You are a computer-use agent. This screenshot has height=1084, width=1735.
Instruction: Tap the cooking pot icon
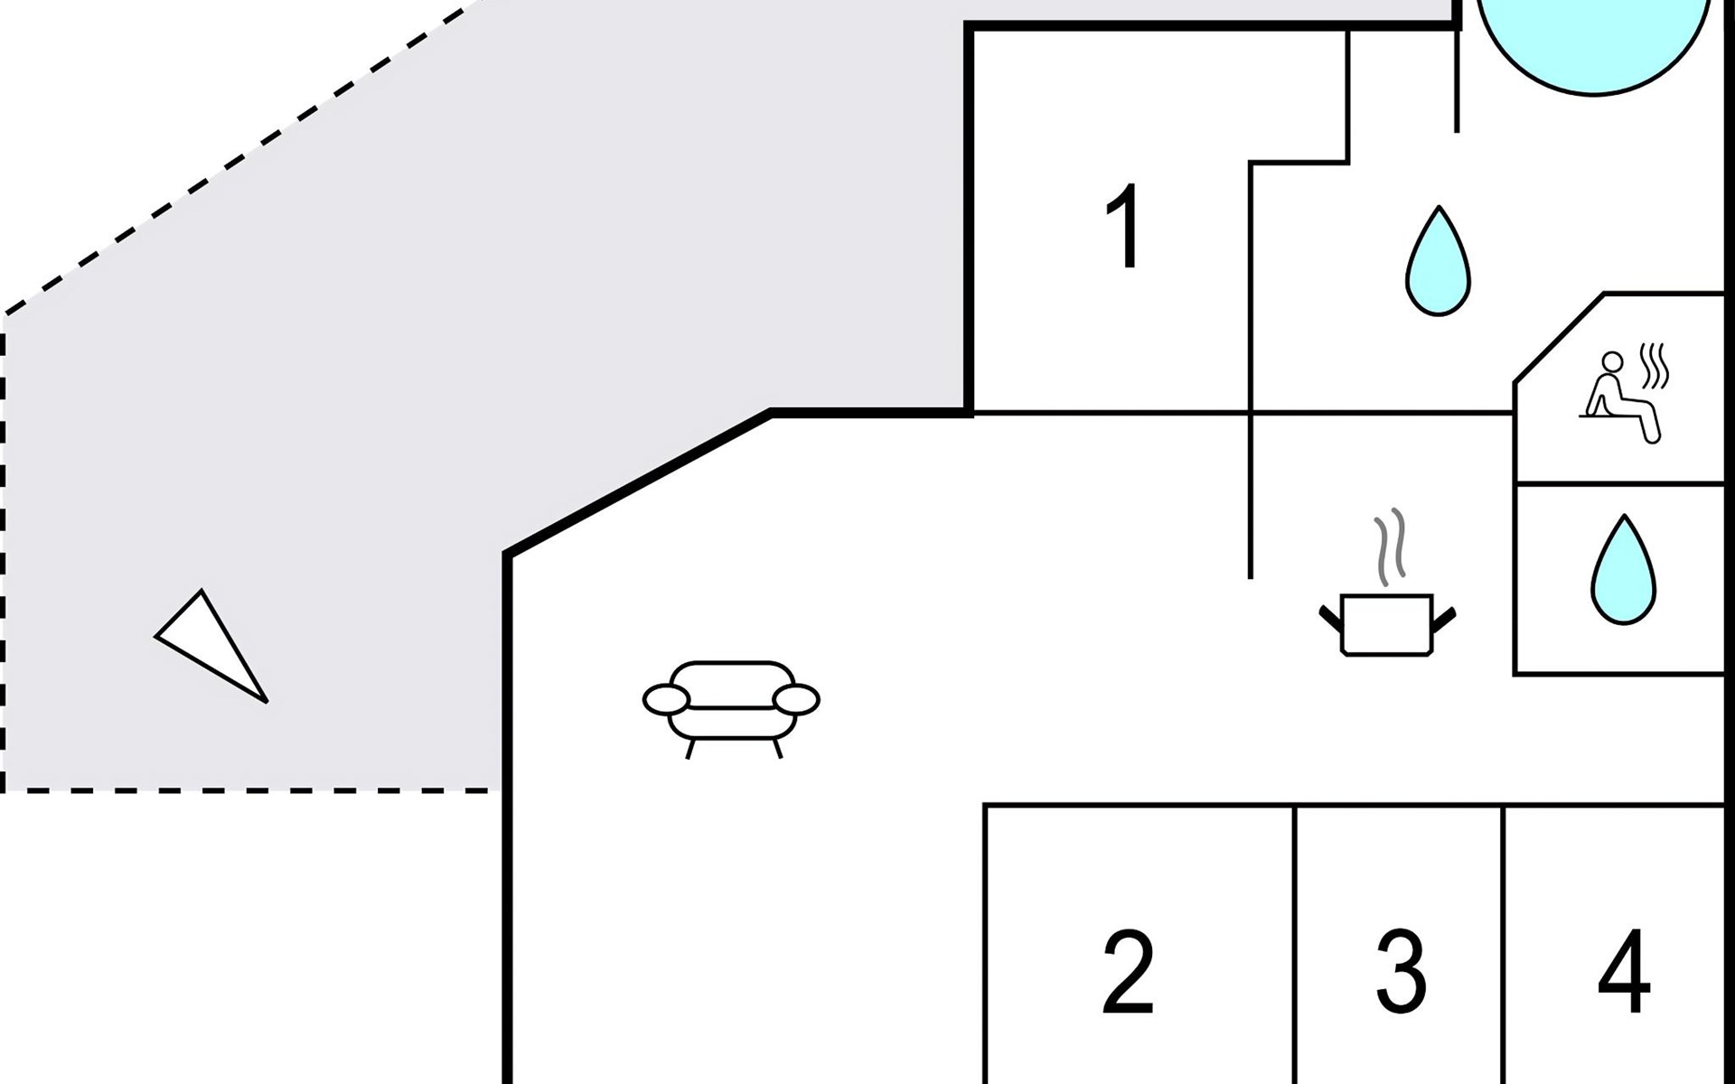tap(1387, 622)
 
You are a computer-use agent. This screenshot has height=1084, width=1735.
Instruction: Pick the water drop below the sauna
tap(1624, 571)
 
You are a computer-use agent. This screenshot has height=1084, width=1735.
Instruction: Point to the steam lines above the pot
tap(1391, 546)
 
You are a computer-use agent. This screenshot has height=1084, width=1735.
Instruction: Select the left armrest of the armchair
tap(667, 699)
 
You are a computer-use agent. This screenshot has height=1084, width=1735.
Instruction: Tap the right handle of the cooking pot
tap(1445, 619)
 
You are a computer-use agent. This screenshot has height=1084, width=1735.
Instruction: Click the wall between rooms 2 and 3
tap(1295, 939)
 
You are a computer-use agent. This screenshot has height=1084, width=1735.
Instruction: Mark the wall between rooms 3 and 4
tap(1504, 939)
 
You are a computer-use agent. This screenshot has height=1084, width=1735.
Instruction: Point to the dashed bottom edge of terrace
tap(253, 791)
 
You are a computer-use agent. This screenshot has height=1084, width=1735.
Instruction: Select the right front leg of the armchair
tap(778, 748)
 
